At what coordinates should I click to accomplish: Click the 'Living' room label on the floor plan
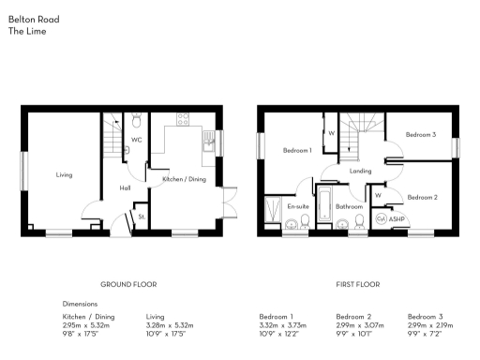pyautogui.click(x=64, y=174)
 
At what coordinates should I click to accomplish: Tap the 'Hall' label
pyautogui.click(x=125, y=187)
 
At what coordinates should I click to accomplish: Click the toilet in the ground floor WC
pyautogui.click(x=137, y=121)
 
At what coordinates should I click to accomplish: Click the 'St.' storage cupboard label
pyautogui.click(x=142, y=217)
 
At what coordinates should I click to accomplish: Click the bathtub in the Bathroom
pyautogui.click(x=324, y=207)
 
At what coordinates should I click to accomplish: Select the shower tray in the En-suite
pyautogui.click(x=275, y=211)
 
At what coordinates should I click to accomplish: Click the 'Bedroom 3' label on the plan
pyautogui.click(x=421, y=135)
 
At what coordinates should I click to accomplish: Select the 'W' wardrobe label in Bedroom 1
pyautogui.click(x=331, y=133)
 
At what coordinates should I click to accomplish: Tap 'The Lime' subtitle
pyautogui.click(x=27, y=30)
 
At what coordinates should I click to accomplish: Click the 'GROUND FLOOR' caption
pyautogui.click(x=128, y=283)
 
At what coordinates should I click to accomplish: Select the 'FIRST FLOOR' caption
pyautogui.click(x=358, y=283)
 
